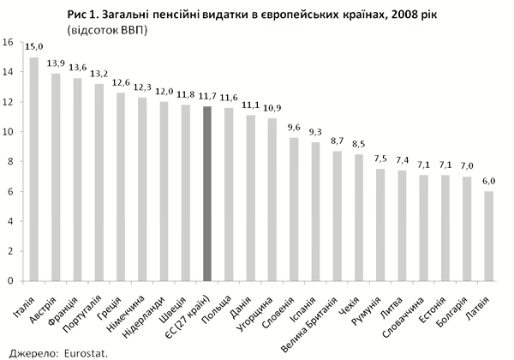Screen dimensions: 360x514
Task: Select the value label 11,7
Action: (206, 98)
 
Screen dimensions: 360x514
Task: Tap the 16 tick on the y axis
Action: (8, 43)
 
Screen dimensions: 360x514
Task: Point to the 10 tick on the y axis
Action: (8, 132)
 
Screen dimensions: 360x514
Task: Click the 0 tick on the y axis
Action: (9, 280)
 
